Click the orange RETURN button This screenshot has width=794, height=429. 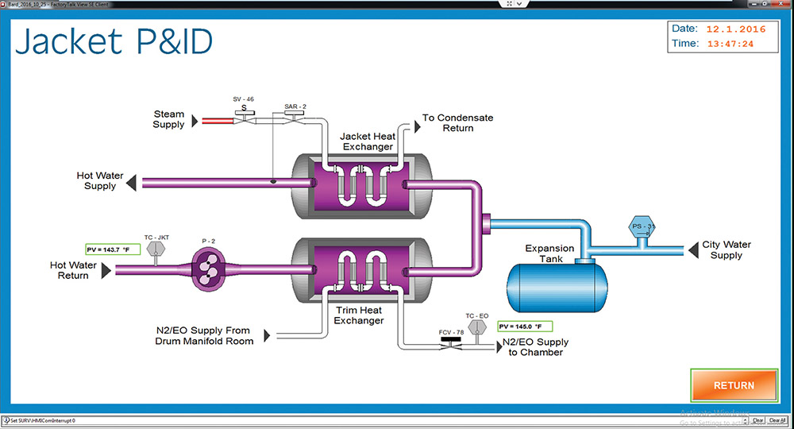734,385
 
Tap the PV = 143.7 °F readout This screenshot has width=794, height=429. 113,249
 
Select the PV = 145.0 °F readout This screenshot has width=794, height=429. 525,326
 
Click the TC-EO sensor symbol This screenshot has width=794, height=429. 477,327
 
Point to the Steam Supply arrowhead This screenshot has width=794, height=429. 193,120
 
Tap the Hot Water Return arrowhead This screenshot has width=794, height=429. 106,271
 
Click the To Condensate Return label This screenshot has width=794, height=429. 457,122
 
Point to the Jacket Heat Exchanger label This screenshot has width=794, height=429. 367,141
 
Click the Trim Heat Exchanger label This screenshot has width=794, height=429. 359,315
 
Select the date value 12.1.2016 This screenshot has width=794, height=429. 737,29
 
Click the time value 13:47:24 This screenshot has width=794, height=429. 730,44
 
